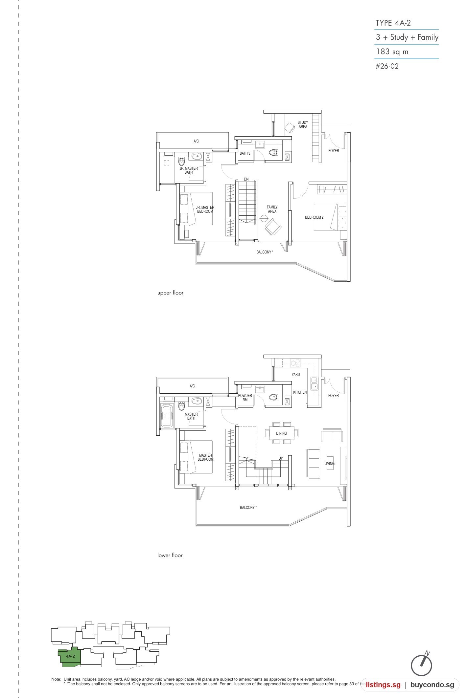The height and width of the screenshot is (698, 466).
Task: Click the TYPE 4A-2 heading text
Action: coord(393,23)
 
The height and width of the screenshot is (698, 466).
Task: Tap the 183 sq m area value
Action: coord(392,52)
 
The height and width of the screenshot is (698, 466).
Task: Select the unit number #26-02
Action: coord(387,66)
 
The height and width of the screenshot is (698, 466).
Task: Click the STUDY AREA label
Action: coord(303,124)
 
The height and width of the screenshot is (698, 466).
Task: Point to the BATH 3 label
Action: coord(245,153)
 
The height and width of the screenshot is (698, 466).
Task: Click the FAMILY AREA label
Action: coord(272,209)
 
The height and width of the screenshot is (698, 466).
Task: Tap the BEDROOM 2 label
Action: coord(314,217)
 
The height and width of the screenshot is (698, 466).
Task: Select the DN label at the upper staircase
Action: coord(246,179)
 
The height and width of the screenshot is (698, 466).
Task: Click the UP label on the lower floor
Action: coord(281,458)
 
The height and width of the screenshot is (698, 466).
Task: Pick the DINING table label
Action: coord(281,433)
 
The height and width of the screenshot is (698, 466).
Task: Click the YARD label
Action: coord(296,375)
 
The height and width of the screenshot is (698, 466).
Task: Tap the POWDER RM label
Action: coord(245,398)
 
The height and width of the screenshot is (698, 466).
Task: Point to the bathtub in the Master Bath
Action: coord(167,416)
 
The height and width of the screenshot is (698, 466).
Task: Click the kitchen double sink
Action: coord(314,383)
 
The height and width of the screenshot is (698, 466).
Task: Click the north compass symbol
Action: coord(422,664)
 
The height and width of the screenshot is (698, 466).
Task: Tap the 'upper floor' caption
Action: coord(170,293)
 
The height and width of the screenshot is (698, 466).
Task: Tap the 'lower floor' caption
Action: coord(170,555)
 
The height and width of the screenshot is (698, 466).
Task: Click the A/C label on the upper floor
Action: coord(196,141)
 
